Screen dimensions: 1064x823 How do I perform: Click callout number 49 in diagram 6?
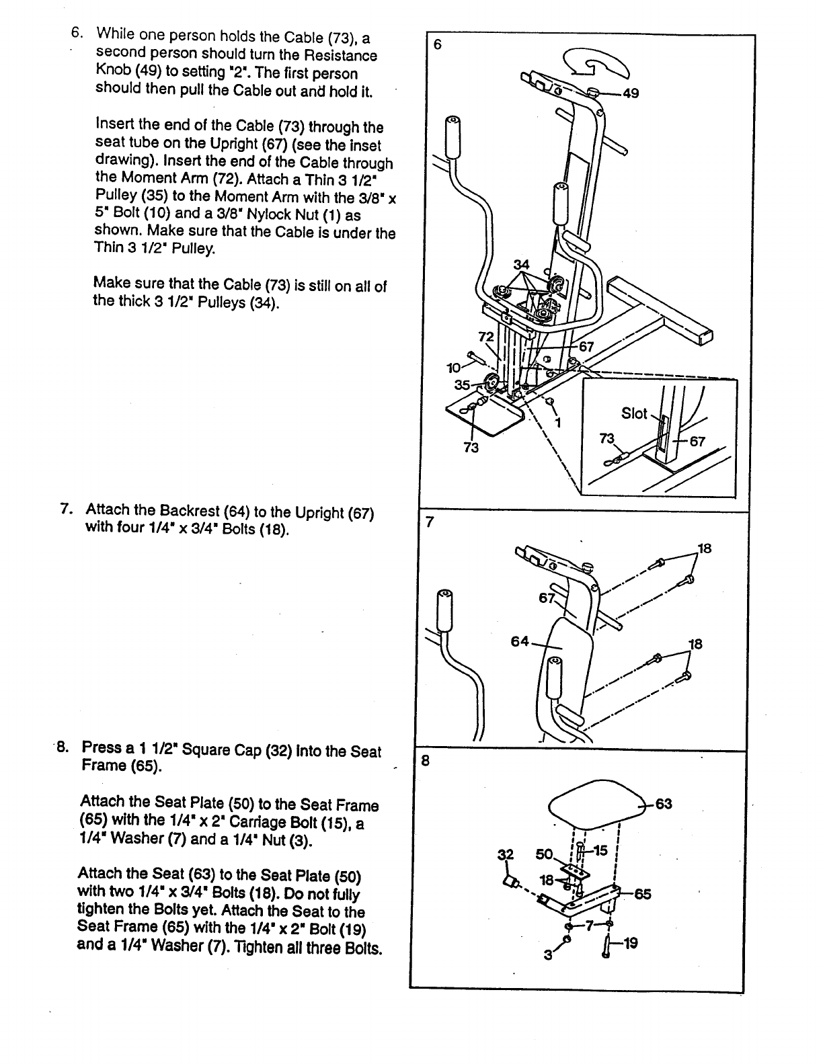coord(631,93)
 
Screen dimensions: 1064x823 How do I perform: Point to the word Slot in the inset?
coord(634,413)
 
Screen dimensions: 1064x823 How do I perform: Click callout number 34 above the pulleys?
coord(521,263)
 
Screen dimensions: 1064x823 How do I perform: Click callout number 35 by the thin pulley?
coord(463,385)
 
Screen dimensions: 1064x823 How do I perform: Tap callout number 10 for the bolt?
coord(453,367)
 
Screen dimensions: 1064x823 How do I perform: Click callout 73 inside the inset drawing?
coord(607,438)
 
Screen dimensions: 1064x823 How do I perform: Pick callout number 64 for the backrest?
coord(520,641)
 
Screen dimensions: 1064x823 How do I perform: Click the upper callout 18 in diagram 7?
coord(704,548)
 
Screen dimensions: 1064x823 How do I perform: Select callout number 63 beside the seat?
coord(664,804)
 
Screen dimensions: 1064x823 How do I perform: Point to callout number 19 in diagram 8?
coord(630,944)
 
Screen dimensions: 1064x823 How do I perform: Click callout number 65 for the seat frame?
coord(642,894)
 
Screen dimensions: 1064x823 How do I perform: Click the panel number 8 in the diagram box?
coord(425,761)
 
